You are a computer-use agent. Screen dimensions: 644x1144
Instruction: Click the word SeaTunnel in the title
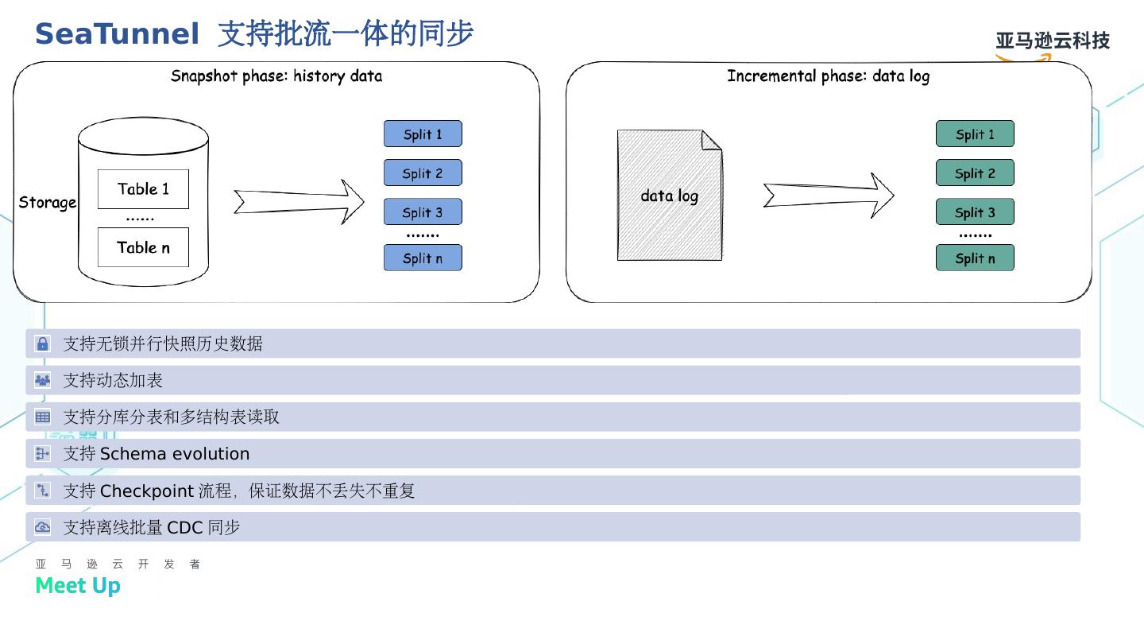117,34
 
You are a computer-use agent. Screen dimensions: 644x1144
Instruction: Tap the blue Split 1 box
423,134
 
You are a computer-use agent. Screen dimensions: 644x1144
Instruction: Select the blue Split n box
423,258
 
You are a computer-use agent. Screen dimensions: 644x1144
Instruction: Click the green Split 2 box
975,173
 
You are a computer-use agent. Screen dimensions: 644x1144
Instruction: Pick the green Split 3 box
975,212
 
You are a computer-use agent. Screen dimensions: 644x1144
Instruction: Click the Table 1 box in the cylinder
143,189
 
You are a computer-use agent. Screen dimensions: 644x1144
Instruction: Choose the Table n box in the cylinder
143,247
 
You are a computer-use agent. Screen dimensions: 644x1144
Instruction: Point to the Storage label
48,203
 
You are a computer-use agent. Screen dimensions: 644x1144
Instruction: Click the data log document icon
670,196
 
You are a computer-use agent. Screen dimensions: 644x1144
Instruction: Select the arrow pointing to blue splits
299,202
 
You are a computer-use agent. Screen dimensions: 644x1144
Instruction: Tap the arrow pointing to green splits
829,195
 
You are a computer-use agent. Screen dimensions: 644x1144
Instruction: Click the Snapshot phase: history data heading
276,76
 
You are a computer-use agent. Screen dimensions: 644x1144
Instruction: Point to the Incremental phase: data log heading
828,76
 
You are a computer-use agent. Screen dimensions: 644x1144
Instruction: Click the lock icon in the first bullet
43,343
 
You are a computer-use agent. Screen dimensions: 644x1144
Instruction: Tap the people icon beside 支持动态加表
43,380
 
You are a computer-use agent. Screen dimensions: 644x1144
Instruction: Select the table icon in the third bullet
43,417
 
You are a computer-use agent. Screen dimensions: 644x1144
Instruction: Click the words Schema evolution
175,454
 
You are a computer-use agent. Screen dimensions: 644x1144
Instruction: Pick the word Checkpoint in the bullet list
147,491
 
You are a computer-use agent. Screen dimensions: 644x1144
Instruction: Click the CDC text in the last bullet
184,528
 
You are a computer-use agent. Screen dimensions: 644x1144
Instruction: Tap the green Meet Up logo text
78,586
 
